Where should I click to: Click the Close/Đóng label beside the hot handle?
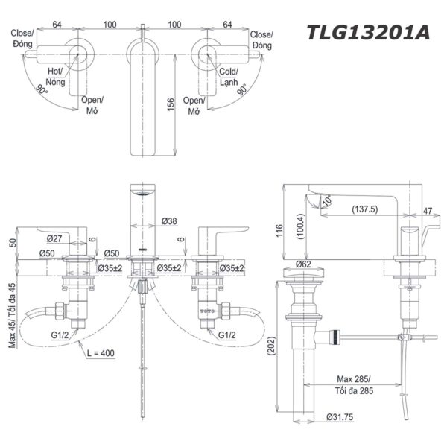[x=22, y=39]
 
